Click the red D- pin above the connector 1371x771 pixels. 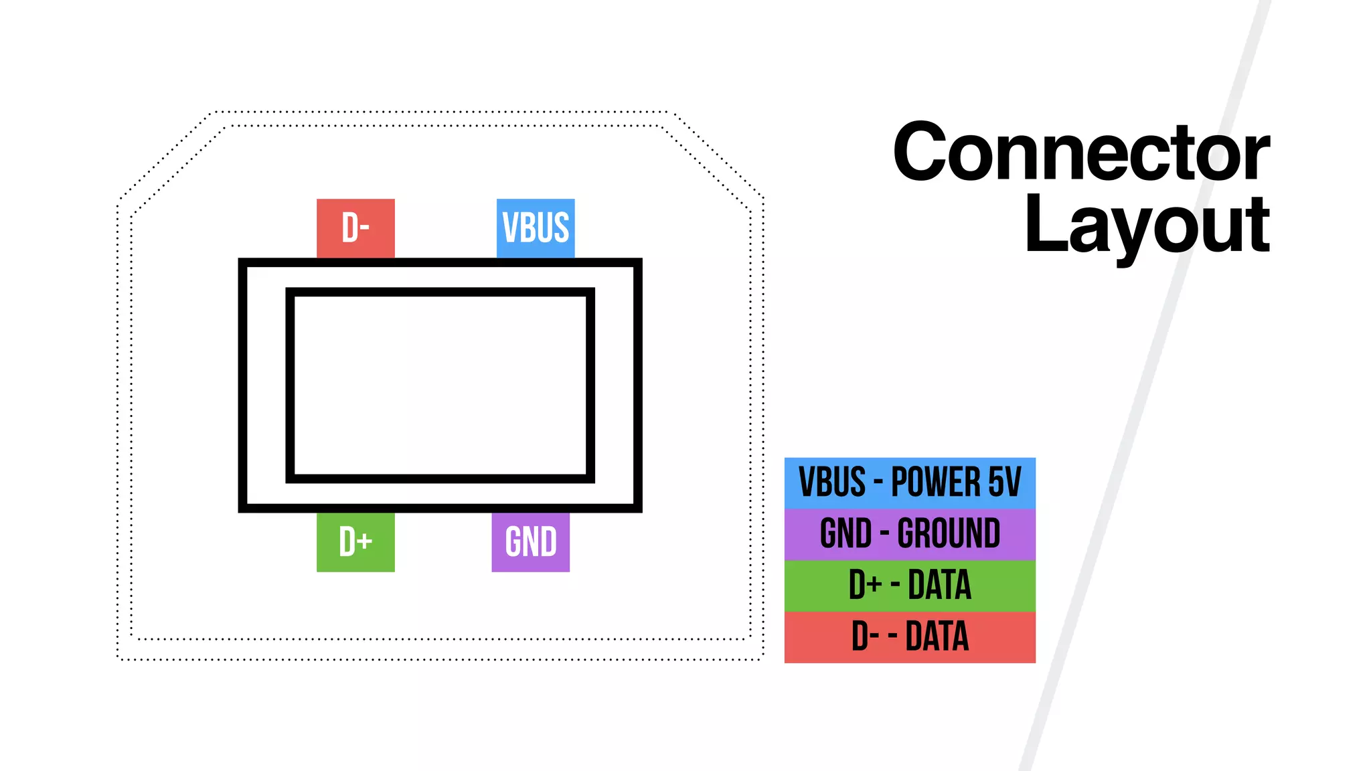click(355, 228)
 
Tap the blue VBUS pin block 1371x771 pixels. click(536, 228)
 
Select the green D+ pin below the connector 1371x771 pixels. click(355, 542)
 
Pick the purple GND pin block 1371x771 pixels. click(530, 542)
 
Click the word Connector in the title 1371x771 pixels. click(1080, 153)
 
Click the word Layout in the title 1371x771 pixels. click(1146, 225)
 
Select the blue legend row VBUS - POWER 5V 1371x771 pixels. click(910, 483)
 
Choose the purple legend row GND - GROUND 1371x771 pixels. click(910, 534)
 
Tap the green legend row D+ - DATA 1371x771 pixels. click(910, 585)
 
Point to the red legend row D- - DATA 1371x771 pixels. click(910, 636)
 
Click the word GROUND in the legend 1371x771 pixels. click(949, 534)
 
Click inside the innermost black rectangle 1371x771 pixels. click(440, 385)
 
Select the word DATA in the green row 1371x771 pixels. click(939, 585)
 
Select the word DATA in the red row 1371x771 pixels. click(937, 636)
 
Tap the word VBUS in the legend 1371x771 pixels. click(832, 483)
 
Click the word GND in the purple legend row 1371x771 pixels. click(845, 534)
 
